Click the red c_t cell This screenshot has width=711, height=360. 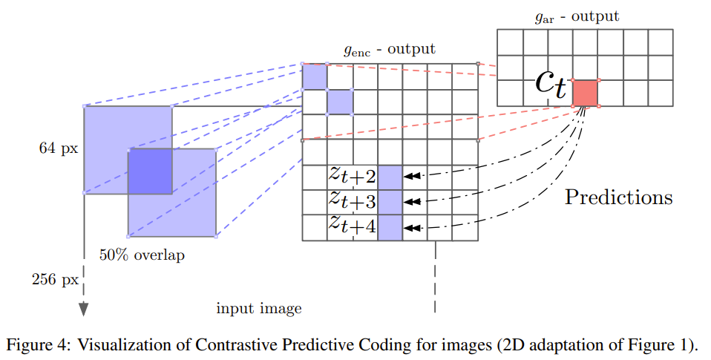[586, 93]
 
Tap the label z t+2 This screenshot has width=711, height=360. [353, 177]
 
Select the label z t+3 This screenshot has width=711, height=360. [353, 201]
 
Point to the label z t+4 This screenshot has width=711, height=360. [353, 226]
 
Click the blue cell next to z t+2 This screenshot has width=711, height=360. [390, 177]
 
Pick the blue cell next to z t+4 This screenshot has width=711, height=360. [390, 227]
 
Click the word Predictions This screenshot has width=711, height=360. [618, 197]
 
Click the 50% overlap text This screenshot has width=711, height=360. [142, 255]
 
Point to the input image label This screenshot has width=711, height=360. [259, 307]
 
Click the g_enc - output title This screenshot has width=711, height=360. [389, 50]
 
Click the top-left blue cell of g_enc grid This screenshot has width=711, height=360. [314, 76]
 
